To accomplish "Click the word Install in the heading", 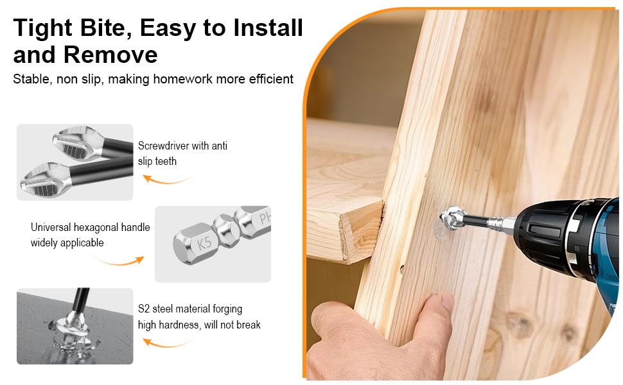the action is tap(268, 28).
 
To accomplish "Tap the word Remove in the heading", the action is tap(110, 55).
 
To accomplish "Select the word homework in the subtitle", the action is tap(183, 79).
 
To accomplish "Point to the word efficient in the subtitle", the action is tap(271, 79).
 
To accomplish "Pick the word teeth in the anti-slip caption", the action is tap(166, 161).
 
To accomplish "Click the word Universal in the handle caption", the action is tap(51, 227).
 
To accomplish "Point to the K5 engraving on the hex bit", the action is tap(204, 243).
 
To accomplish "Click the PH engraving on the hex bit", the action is tap(265, 218).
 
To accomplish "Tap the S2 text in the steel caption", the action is tap(143, 309).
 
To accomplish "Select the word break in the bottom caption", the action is tap(249, 325).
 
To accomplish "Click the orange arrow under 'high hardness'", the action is tap(167, 343).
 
